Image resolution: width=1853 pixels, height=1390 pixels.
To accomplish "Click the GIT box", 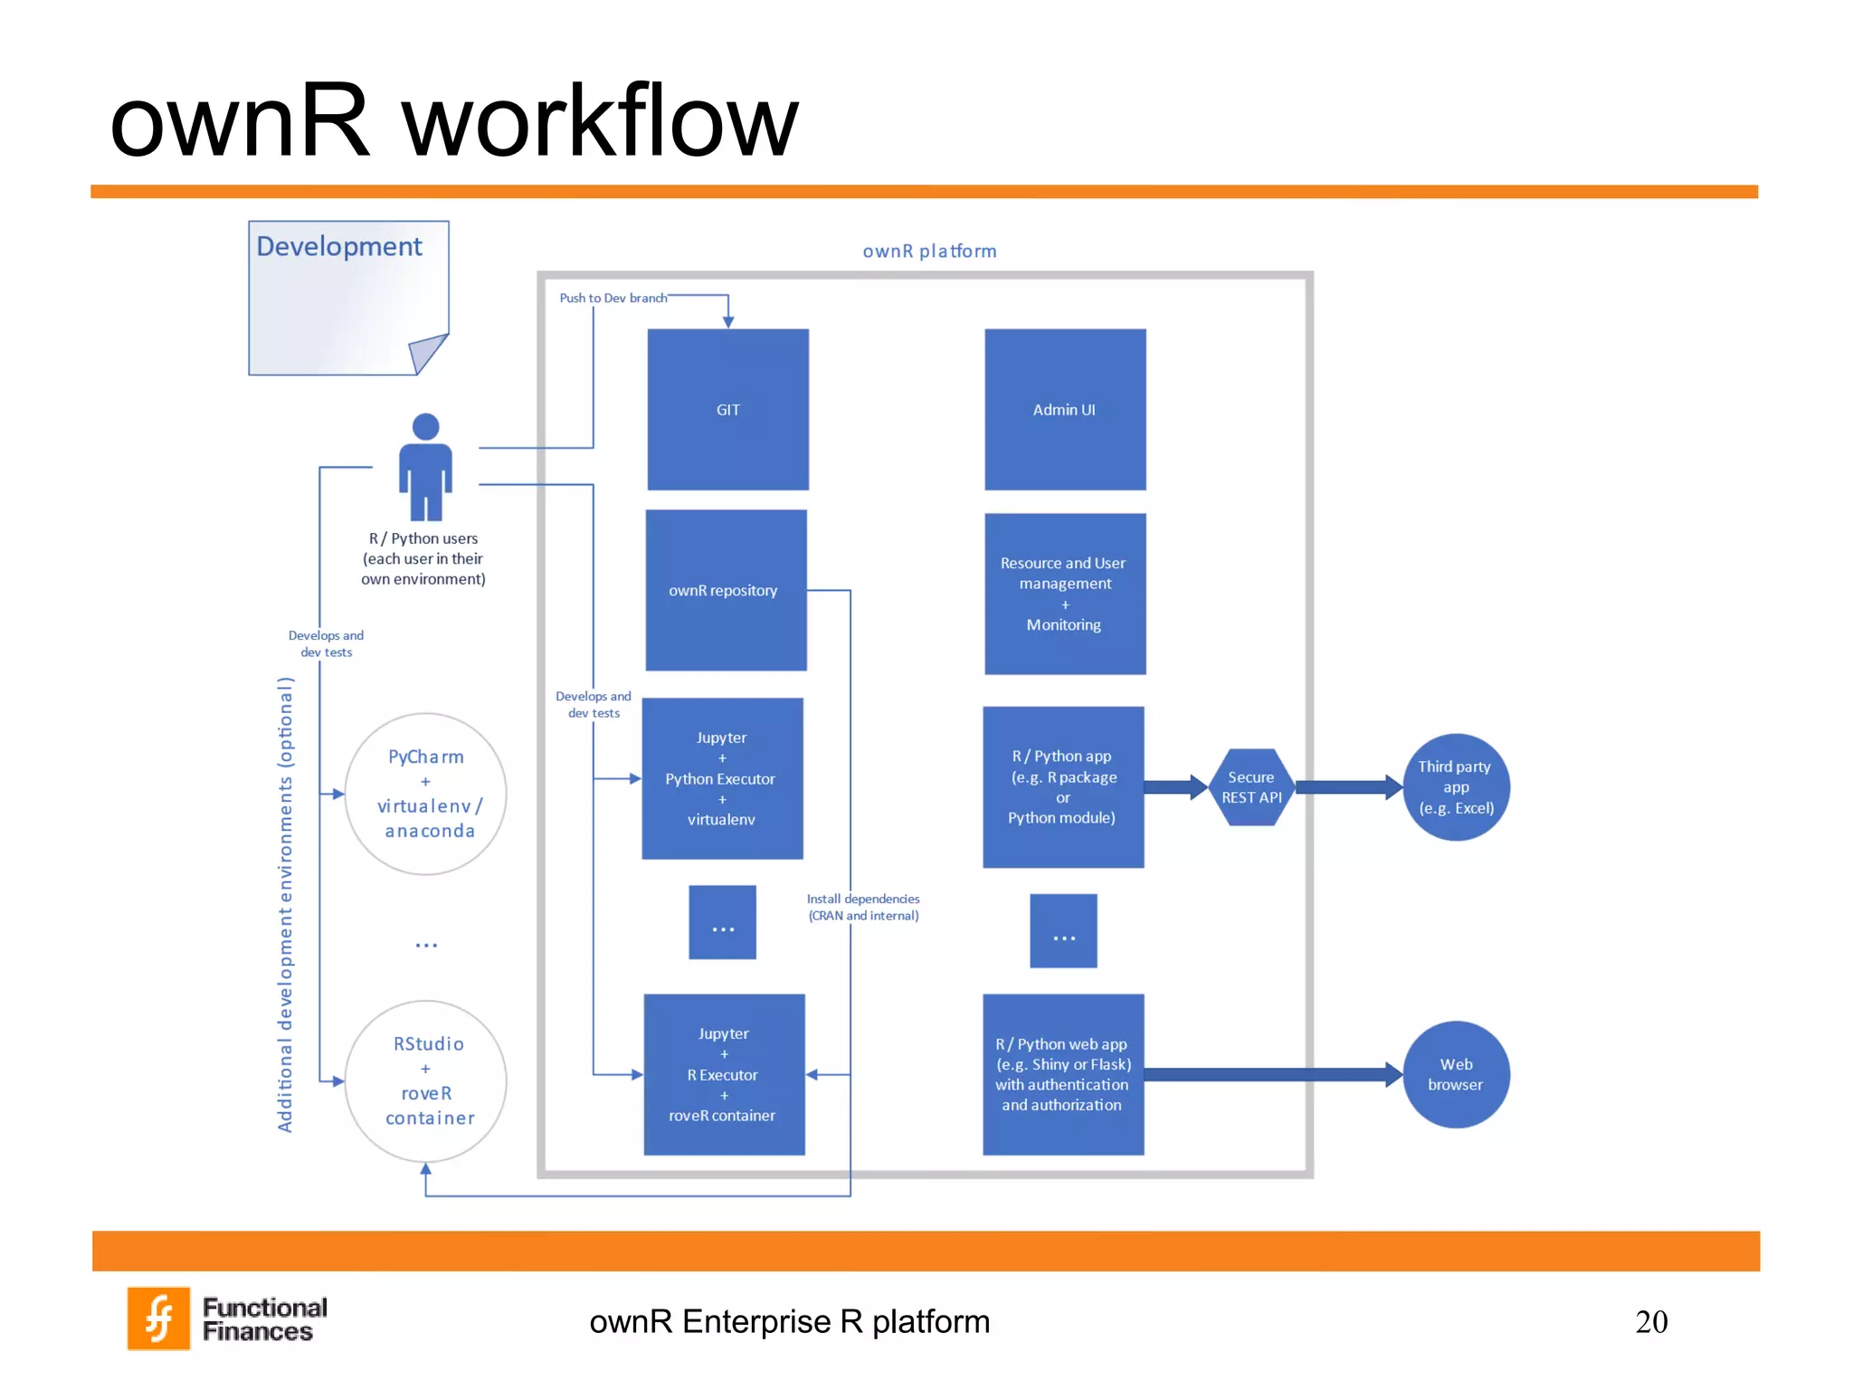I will pyautogui.click(x=727, y=409).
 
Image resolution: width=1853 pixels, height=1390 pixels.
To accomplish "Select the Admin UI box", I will pyautogui.click(x=1064, y=409).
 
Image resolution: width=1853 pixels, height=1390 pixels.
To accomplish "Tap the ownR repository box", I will pyautogui.click(x=725, y=590).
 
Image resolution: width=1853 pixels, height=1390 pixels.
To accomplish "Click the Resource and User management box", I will pyautogui.click(x=1064, y=594).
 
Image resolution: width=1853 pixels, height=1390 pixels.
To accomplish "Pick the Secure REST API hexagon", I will pyautogui.click(x=1251, y=787).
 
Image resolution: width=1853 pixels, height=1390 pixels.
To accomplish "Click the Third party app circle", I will pyautogui.click(x=1455, y=787).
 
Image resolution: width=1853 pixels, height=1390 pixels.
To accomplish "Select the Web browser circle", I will pyautogui.click(x=1455, y=1074).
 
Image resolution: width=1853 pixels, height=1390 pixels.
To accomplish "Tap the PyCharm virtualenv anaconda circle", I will pyautogui.click(x=425, y=794).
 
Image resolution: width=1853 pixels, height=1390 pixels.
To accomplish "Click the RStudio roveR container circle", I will pyautogui.click(x=425, y=1081).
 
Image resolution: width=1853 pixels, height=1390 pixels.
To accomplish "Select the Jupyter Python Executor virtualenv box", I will pyautogui.click(x=721, y=778).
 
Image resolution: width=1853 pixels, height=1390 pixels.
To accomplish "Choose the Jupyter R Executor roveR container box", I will pyautogui.click(x=723, y=1074).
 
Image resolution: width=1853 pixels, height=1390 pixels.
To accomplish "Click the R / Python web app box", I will pyautogui.click(x=1062, y=1074).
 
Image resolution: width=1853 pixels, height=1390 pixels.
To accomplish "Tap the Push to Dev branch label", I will pyautogui.click(x=613, y=298).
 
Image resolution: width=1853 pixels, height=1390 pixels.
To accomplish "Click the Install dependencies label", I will pyautogui.click(x=863, y=907).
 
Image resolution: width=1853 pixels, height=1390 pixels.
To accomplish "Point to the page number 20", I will pyautogui.click(x=1650, y=1321).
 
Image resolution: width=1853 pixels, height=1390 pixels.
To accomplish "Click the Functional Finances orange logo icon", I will pyautogui.click(x=159, y=1318).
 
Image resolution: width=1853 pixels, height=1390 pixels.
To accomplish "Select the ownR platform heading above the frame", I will pyautogui.click(x=929, y=251).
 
